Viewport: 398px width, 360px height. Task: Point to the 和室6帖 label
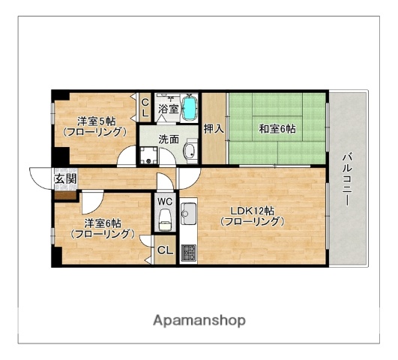pos(277,129)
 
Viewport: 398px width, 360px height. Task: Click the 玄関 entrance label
pos(64,178)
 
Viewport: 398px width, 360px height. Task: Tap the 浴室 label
pos(167,109)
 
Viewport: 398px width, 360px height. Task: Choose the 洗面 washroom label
pos(168,139)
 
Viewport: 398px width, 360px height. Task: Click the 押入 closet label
pos(214,128)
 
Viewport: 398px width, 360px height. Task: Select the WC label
pos(165,201)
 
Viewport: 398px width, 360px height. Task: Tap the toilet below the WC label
pos(165,220)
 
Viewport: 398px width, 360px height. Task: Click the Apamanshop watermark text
pos(199,320)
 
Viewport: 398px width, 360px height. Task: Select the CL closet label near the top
pos(145,107)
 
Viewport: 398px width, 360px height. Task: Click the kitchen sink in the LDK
pos(188,213)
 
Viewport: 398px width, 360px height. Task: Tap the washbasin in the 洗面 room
pos(190,153)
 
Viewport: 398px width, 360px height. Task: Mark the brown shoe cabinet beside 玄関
pos(63,195)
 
